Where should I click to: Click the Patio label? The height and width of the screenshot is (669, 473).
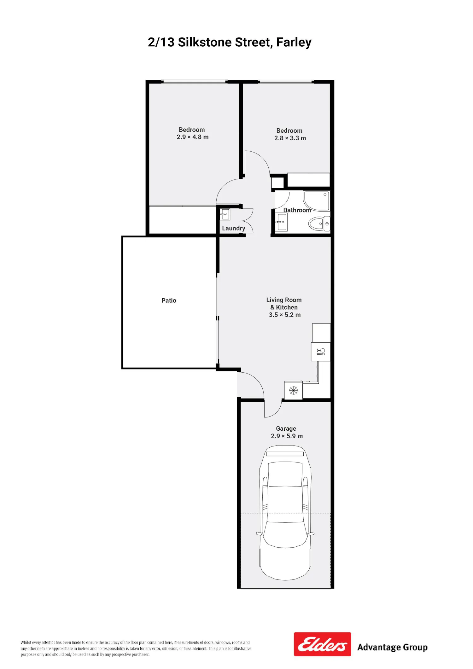pos(169,300)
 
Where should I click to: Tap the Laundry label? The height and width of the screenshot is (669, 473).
pos(233,228)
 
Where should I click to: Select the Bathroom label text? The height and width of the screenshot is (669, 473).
pos(297,210)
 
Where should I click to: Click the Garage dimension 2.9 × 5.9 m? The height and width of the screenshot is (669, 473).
pos(287,436)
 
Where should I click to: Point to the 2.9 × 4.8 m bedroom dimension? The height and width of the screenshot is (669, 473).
pos(193,137)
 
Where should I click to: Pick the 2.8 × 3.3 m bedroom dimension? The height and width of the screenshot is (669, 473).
pos(290,138)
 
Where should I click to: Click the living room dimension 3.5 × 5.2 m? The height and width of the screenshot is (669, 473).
pos(285,315)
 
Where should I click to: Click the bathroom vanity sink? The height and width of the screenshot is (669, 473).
pos(281,222)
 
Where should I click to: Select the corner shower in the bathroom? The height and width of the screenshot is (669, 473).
pos(316,201)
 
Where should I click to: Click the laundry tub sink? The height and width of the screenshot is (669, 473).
pos(225,214)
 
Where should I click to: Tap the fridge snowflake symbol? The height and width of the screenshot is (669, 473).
pos(294,391)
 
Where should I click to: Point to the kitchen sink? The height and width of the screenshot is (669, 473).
pos(321,352)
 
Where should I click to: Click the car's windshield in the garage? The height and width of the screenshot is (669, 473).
pos(285,474)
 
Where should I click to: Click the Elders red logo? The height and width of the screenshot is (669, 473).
pos(322,644)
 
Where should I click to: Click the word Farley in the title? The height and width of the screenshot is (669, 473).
pos(294,42)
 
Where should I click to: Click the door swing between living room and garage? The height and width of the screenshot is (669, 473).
pos(273,409)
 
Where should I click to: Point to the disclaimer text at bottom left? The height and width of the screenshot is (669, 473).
pos(136,648)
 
